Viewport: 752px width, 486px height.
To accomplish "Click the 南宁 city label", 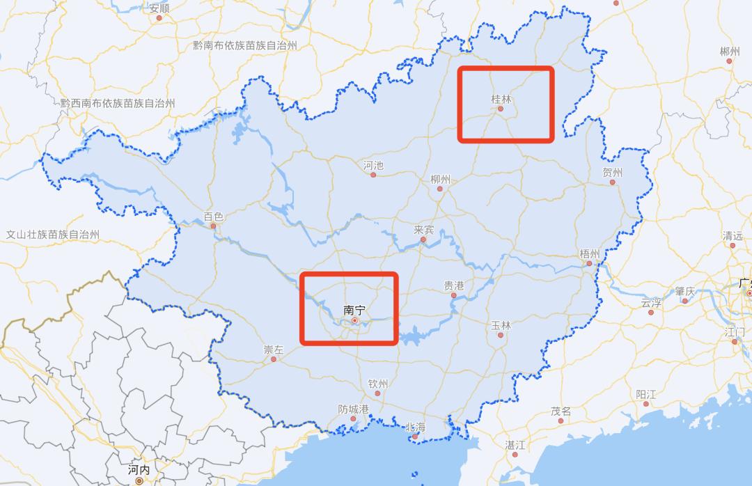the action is [x=354, y=310].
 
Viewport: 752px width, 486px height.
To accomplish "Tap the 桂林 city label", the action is [x=501, y=100].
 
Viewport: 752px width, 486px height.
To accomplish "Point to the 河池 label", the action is [x=373, y=166].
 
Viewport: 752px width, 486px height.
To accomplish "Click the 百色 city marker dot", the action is [x=214, y=226].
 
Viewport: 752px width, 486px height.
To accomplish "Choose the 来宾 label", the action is [x=423, y=230].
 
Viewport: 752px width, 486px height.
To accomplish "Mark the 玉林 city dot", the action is [x=501, y=335].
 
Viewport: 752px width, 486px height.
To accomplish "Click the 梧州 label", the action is [x=589, y=254].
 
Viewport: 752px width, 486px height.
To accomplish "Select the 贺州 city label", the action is [x=613, y=173].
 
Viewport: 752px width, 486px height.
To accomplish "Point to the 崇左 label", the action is [x=273, y=350].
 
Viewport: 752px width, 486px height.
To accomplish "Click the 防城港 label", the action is [x=353, y=409].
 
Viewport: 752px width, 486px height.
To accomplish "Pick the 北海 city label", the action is [x=415, y=427].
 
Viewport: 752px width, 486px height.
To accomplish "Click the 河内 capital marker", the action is [x=139, y=480].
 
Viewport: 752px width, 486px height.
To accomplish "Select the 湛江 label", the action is [x=515, y=444].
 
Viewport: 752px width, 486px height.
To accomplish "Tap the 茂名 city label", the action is [x=561, y=411].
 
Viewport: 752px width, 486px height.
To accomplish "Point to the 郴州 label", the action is [x=730, y=52].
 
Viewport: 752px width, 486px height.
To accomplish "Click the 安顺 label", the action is [x=159, y=8].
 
